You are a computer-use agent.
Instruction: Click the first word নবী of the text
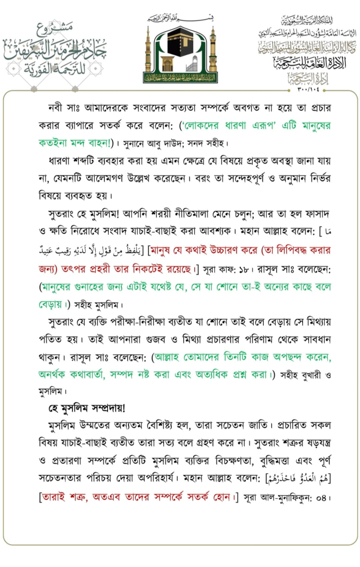[56, 106]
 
